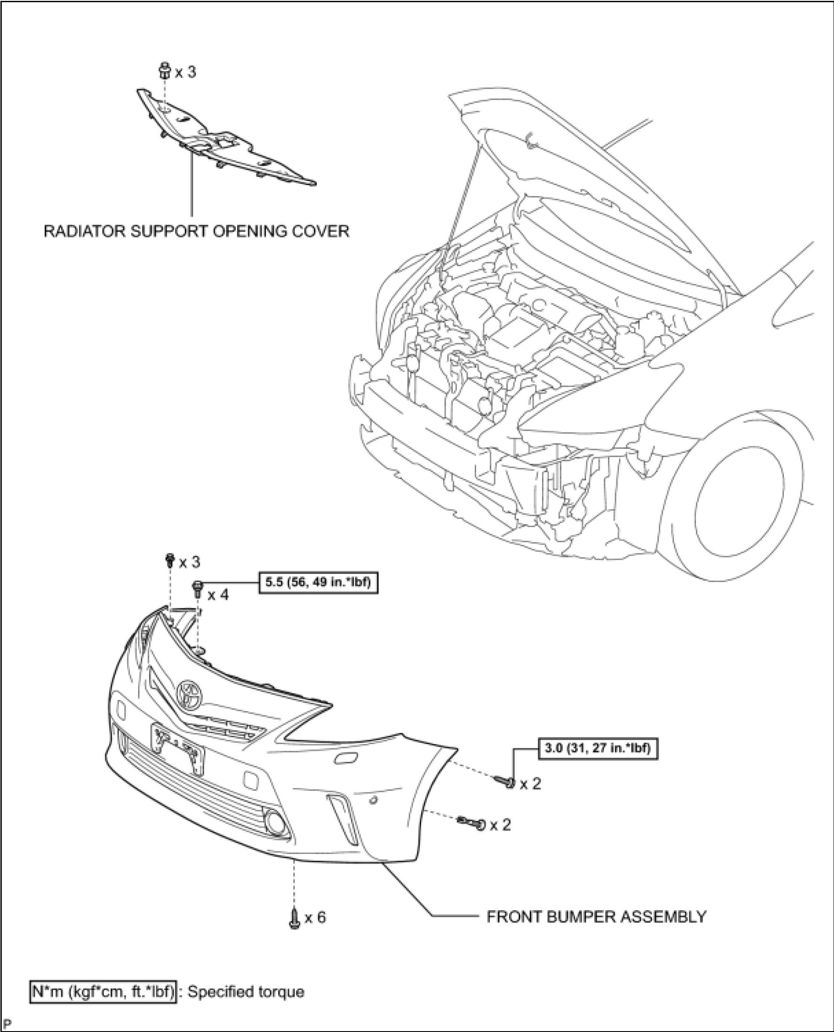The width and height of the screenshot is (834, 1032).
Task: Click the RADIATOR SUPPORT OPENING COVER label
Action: [x=196, y=232]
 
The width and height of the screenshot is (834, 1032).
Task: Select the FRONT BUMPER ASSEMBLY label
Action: [x=596, y=917]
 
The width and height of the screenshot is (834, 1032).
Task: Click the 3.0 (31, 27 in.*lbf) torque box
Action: [x=597, y=748]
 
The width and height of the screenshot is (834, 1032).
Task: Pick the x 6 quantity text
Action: [x=315, y=917]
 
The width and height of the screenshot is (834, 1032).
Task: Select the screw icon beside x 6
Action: [x=294, y=918]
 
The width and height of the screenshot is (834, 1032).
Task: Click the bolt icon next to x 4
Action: [x=197, y=588]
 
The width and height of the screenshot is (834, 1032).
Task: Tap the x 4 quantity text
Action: [x=218, y=595]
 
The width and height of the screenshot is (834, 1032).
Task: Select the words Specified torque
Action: [x=245, y=992]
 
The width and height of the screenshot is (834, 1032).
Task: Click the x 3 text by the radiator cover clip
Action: [x=186, y=73]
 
